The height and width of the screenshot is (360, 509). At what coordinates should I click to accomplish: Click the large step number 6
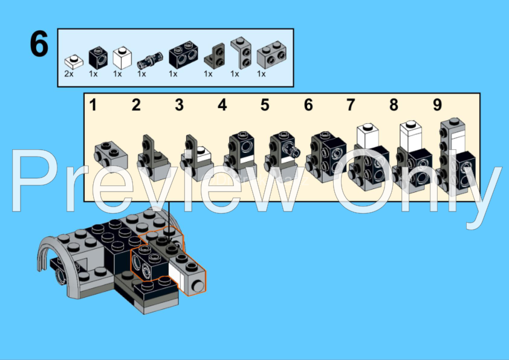[x=39, y=43]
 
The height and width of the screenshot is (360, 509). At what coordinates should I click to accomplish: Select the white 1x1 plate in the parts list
[x=74, y=61]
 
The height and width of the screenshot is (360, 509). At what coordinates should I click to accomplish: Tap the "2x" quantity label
[x=69, y=74]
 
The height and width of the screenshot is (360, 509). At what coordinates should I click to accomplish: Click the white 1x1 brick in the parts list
[x=122, y=58]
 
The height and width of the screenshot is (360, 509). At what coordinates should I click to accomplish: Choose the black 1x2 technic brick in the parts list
[x=183, y=54]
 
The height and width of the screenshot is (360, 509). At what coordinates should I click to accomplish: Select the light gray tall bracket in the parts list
[x=241, y=53]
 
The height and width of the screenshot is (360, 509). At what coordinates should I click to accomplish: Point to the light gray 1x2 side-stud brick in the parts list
[x=271, y=54]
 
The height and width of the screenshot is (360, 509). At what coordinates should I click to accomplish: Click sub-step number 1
[x=93, y=105]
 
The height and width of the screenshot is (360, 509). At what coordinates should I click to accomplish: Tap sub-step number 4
[x=222, y=105]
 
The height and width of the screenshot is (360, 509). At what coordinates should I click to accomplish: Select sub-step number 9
[x=437, y=105]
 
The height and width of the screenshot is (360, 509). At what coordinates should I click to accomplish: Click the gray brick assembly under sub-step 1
[x=111, y=156]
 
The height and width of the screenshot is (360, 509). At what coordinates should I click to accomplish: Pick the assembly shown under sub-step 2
[x=154, y=158]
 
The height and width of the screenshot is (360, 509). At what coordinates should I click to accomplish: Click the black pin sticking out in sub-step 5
[x=291, y=149]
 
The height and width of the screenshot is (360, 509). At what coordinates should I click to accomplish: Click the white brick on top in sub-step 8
[x=411, y=136]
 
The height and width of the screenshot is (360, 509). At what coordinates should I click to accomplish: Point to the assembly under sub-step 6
[x=326, y=157]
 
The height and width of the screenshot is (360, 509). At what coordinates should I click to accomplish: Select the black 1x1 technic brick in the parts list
[x=98, y=58]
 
